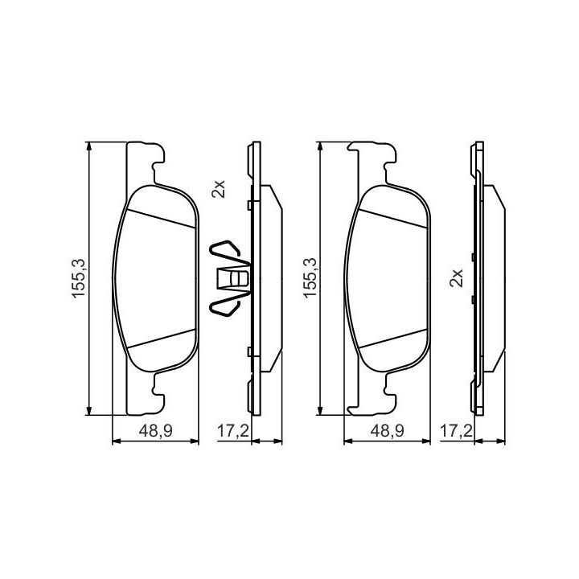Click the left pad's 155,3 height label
point(78,278)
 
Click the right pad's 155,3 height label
point(310,278)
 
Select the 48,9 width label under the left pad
point(155,430)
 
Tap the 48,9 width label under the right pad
point(387,430)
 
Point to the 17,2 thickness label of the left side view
point(232,430)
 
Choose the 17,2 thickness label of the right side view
point(457,430)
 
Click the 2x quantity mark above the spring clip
point(218,189)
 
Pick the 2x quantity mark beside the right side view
point(456,277)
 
